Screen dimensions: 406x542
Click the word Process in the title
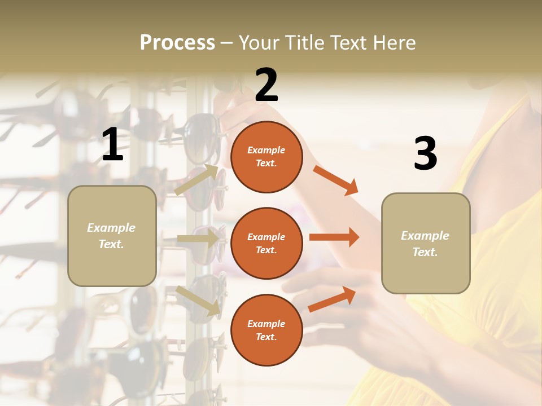click(177, 43)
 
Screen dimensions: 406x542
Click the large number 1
click(112, 144)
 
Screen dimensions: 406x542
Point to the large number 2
click(266, 85)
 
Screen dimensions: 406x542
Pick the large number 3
click(425, 154)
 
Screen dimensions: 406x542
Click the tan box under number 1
click(112, 236)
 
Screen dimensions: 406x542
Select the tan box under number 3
click(426, 244)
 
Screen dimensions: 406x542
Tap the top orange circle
click(266, 157)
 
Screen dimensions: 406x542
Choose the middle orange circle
click(266, 243)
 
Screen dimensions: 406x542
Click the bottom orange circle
click(266, 330)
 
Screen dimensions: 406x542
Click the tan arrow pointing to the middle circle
click(198, 239)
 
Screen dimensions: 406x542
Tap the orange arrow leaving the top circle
click(335, 180)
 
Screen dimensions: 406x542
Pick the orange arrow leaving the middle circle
click(334, 237)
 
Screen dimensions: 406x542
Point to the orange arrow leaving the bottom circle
click(332, 299)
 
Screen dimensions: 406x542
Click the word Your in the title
click(260, 43)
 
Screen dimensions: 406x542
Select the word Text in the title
click(347, 43)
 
